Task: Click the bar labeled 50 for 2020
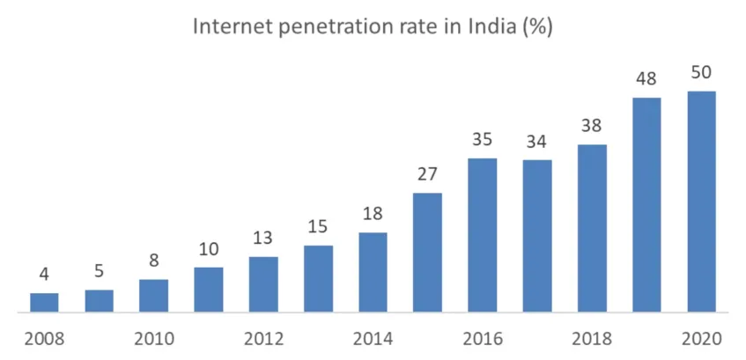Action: coord(701,202)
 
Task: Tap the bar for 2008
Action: coord(44,302)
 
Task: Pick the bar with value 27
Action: coord(427,253)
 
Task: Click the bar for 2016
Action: coord(482,235)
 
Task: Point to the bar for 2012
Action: coord(263,284)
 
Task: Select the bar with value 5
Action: coord(99,300)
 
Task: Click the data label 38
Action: coord(592,126)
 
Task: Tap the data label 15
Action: coord(318,227)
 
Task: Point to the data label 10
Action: coord(209,249)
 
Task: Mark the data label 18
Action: coord(373,215)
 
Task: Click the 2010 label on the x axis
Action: coord(153,339)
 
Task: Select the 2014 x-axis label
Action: coord(373,339)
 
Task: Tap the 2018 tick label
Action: coord(592,339)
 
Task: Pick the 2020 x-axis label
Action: coord(701,339)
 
